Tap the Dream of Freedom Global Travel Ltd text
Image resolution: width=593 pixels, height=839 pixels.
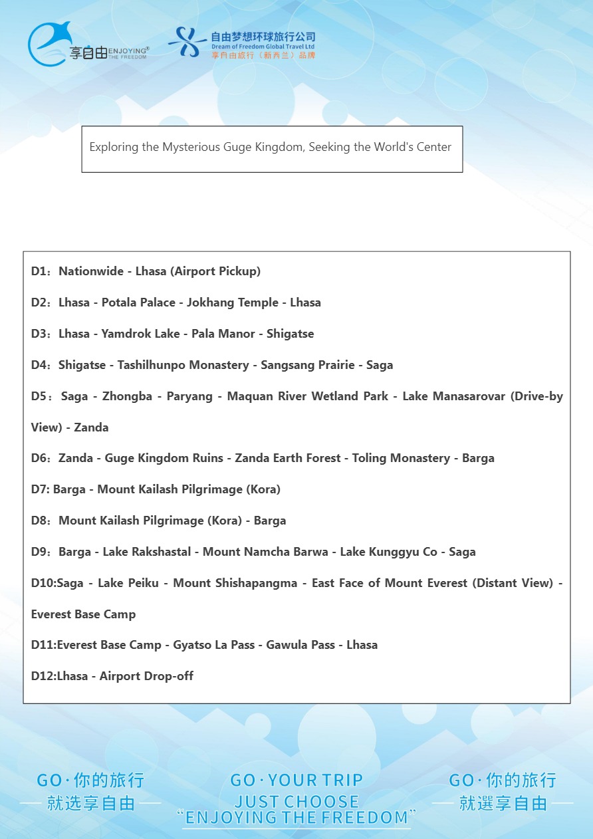[x=263, y=47]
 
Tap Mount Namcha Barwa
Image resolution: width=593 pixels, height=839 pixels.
[x=265, y=552]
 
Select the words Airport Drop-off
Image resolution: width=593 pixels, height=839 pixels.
[x=146, y=676]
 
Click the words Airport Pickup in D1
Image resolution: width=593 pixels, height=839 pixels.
[x=217, y=271]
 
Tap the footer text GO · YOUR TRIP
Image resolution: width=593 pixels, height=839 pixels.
[x=296, y=780]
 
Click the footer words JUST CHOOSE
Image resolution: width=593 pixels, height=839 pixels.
[x=296, y=801]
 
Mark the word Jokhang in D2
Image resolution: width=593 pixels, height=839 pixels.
[x=209, y=302]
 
